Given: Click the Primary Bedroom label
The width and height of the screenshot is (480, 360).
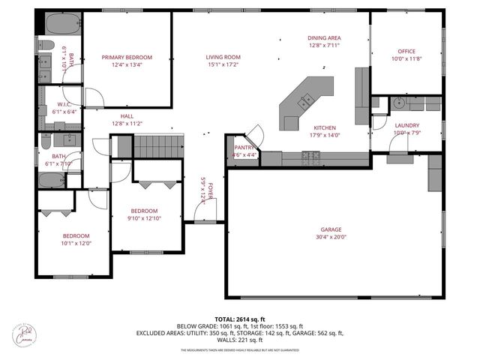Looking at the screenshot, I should tap(127, 57).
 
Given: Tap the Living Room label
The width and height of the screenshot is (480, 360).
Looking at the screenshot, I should tap(223, 57).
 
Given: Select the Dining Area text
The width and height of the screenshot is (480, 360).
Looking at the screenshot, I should tap(324, 37).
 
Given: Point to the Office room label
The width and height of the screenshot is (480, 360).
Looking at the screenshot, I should tap(407, 51).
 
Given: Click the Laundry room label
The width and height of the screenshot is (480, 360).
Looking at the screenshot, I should tap(407, 125).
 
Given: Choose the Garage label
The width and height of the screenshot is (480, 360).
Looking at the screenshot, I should tap(331, 229).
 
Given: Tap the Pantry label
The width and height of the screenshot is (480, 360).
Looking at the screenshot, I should tap(245, 148).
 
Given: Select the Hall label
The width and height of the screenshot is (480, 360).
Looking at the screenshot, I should tap(127, 116).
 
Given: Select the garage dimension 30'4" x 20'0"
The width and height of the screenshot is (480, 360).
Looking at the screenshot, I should tap(331, 237).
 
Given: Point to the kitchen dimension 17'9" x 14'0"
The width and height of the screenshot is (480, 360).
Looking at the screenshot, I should tap(324, 135).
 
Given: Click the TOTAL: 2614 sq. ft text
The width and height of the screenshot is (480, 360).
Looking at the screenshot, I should tap(239, 319).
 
